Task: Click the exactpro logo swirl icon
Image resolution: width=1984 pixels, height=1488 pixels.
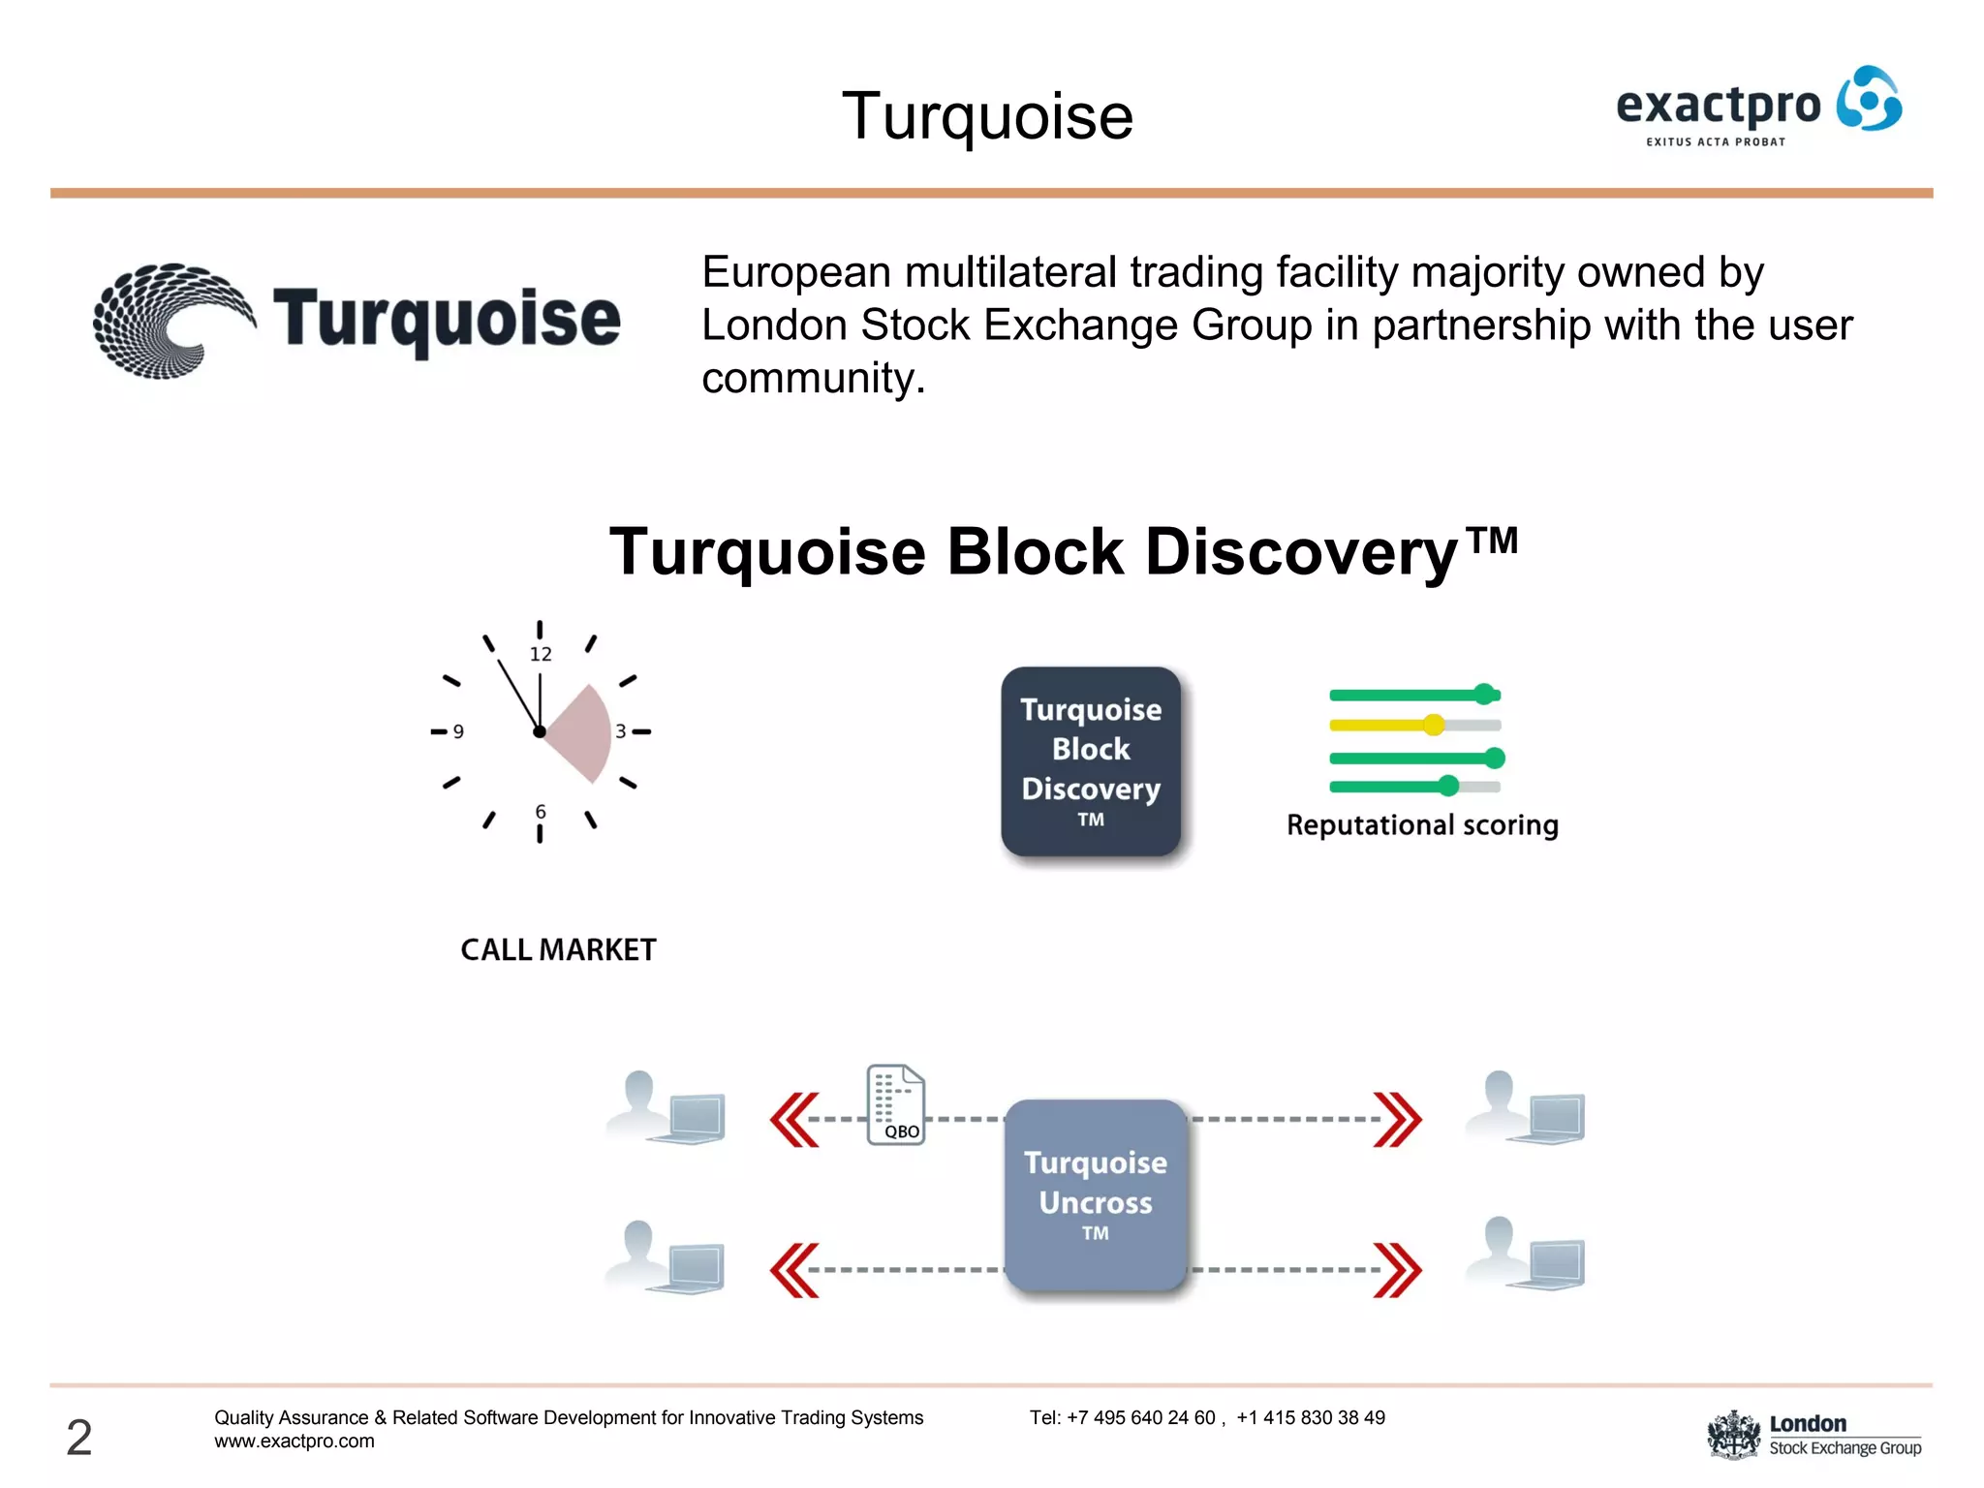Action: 1869,99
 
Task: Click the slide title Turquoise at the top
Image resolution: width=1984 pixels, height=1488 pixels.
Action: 987,116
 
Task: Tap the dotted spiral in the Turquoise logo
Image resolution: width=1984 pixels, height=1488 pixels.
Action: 170,320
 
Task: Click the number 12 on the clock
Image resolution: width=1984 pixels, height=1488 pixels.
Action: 541,655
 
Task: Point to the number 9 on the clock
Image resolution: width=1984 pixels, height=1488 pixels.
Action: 458,732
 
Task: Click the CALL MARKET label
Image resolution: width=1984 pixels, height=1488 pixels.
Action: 558,949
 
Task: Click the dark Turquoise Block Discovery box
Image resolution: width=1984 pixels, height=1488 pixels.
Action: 1091,761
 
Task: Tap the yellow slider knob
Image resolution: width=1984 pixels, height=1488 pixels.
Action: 1434,725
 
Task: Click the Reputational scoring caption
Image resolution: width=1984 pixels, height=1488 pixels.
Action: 1422,825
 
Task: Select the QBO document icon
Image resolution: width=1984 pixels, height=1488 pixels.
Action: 895,1105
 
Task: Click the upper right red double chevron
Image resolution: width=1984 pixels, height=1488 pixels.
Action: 1398,1120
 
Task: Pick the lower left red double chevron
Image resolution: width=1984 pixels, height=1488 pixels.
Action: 794,1270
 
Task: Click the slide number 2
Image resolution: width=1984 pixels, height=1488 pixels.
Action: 79,1437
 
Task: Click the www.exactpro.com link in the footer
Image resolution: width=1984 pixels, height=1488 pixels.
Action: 294,1441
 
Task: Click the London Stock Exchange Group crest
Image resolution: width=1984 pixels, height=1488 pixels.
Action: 1733,1435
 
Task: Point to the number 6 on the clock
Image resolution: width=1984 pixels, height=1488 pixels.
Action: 541,812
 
